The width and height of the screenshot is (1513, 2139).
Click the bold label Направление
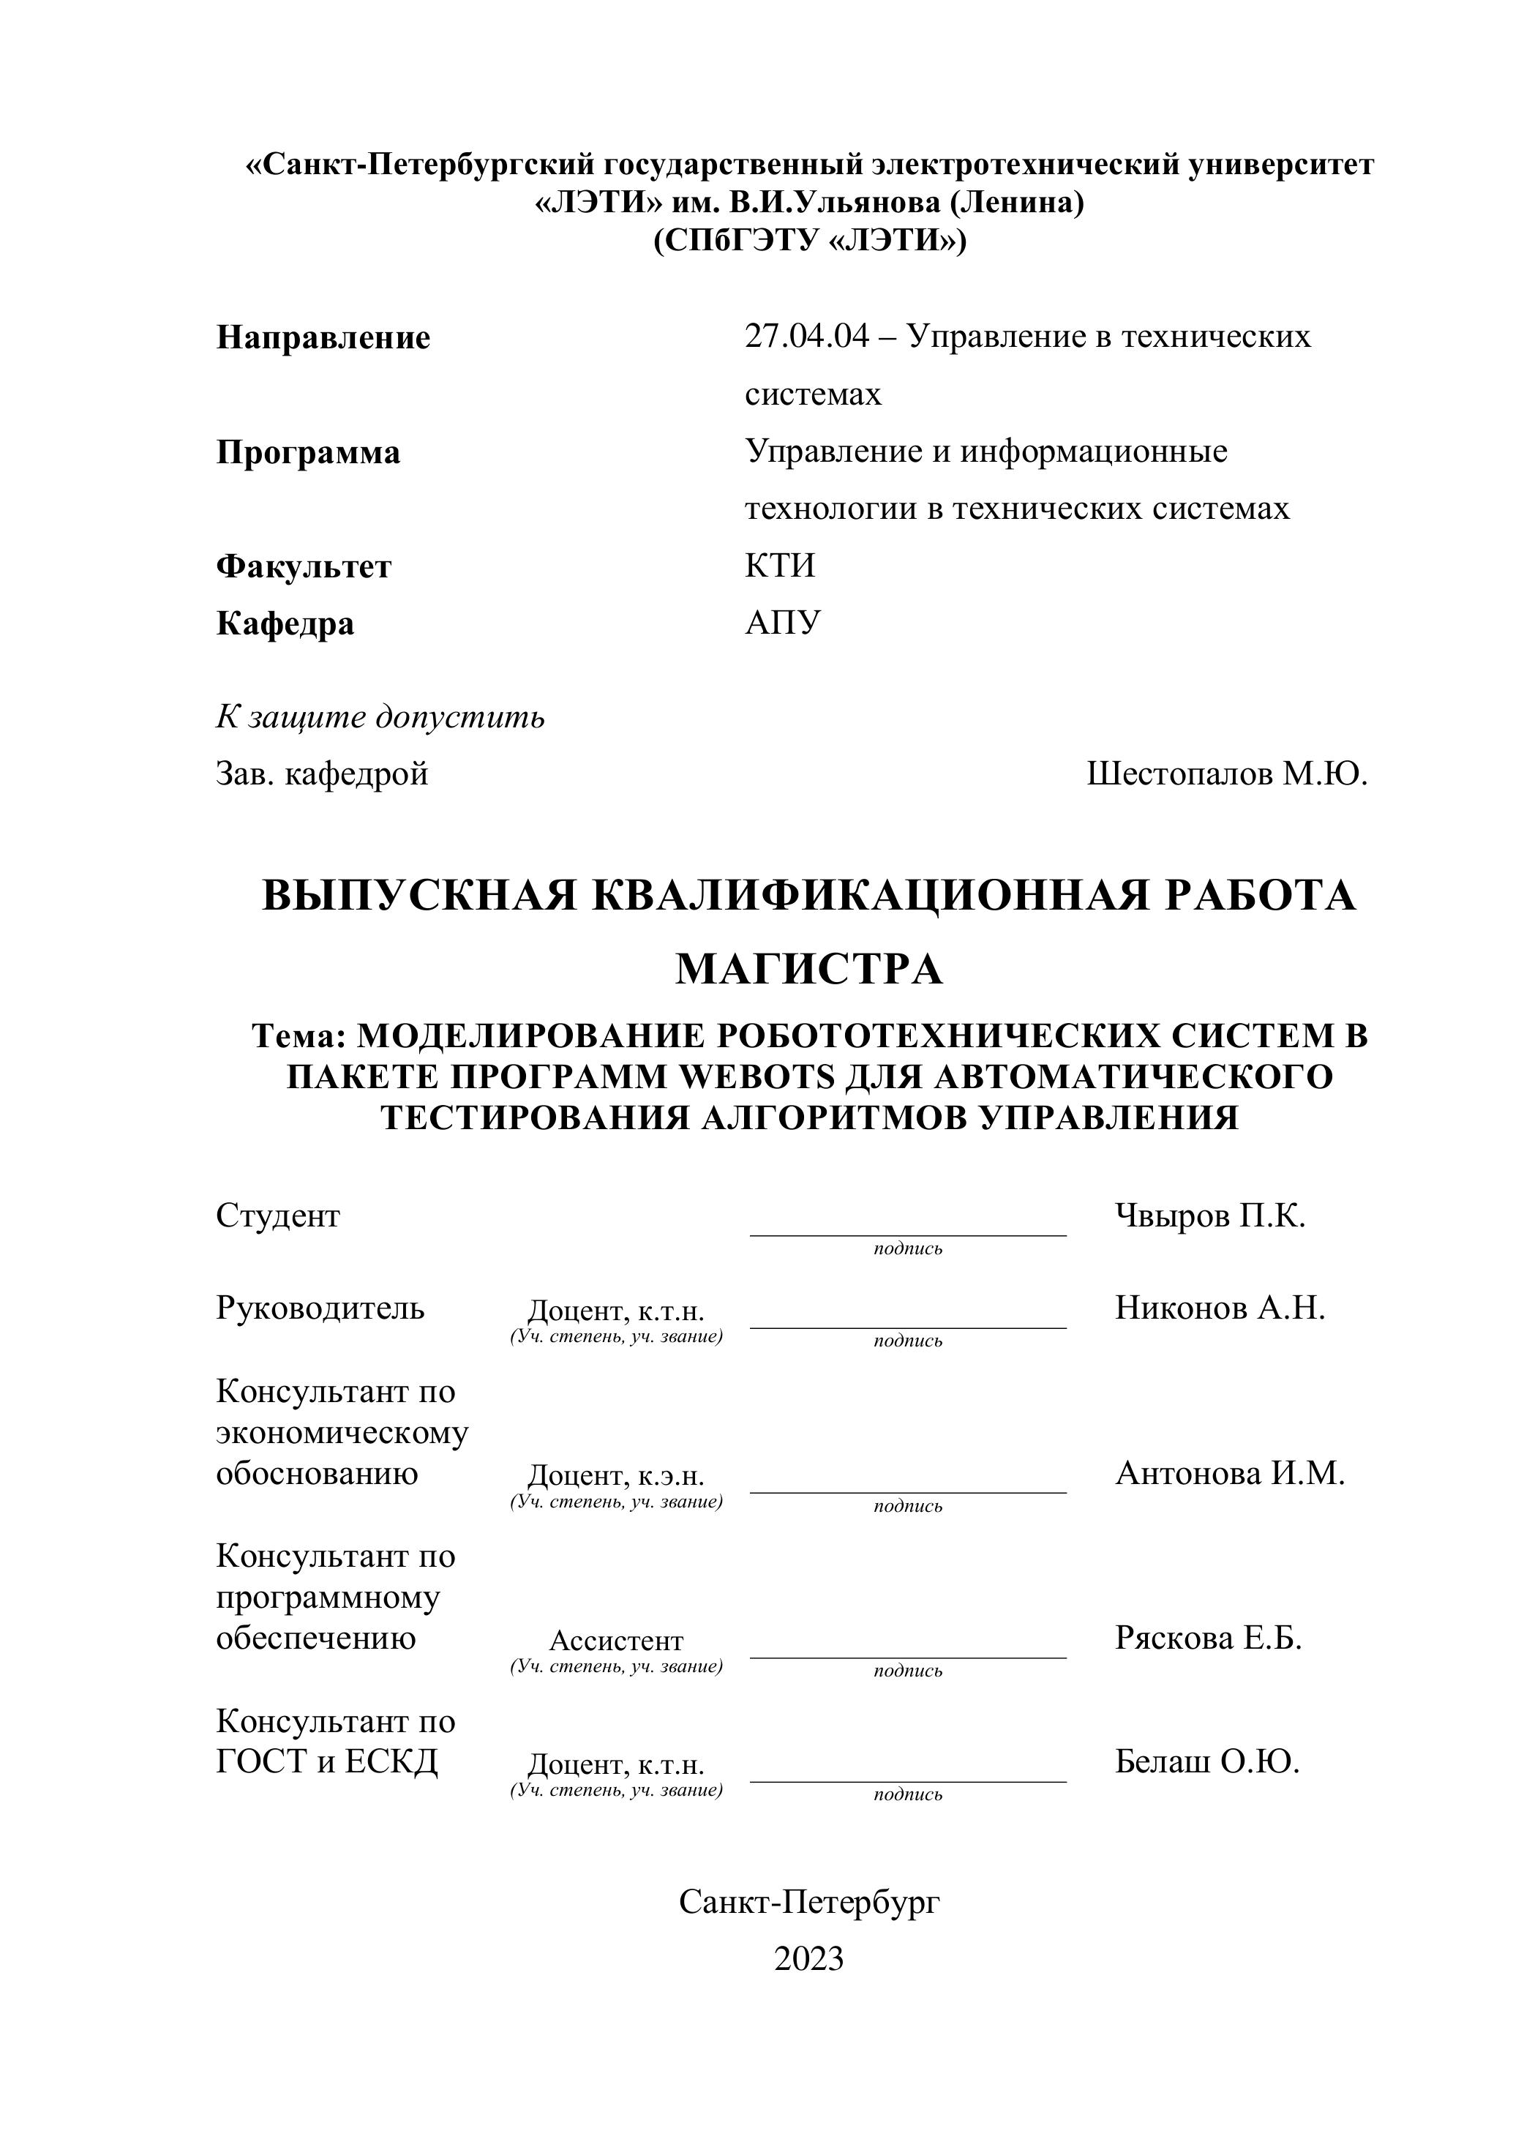(323, 337)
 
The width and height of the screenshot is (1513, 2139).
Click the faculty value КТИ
(780, 566)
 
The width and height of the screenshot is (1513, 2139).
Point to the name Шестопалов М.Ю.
(1227, 773)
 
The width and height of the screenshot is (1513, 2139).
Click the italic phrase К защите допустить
(380, 717)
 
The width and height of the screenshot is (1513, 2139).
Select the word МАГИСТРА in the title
(808, 969)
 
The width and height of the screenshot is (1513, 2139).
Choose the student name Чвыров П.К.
(1210, 1215)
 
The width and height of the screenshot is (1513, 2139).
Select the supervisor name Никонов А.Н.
(1220, 1308)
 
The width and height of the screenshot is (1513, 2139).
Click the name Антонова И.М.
(1230, 1473)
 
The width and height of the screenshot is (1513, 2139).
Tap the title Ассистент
(616, 1641)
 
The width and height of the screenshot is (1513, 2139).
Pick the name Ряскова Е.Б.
(1209, 1638)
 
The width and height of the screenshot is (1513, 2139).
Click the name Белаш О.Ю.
(1206, 1761)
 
